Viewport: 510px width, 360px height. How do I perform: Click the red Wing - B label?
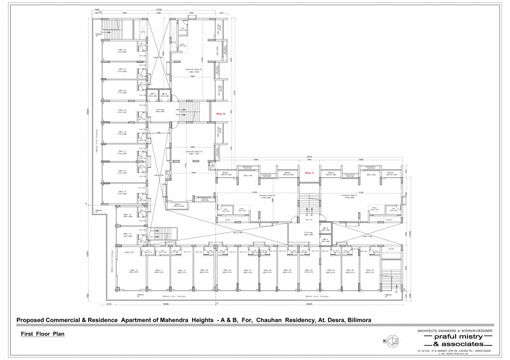point(220,114)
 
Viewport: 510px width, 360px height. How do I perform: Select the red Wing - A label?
point(309,173)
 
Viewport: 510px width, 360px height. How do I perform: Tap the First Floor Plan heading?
point(43,334)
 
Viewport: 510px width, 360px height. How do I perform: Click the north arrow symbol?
point(390,341)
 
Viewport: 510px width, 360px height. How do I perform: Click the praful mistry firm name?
point(455,337)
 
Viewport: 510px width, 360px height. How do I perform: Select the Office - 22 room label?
point(122,51)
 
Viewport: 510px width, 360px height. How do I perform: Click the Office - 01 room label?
point(369,271)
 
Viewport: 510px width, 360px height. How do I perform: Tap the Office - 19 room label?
point(122,111)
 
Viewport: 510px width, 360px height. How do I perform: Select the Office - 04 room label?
point(308,271)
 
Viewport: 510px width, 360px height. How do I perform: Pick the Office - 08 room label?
point(227,271)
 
